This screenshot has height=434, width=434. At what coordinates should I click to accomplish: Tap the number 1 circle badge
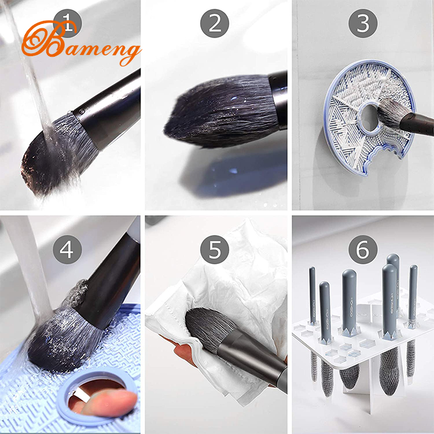pos(68,24)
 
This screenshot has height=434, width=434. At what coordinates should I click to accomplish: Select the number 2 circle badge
pos(215,24)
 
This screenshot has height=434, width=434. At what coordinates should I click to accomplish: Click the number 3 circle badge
pos(363,24)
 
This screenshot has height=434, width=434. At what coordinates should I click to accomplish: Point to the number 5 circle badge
pos(215,249)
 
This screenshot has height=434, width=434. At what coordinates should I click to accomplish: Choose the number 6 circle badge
pos(363,249)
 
